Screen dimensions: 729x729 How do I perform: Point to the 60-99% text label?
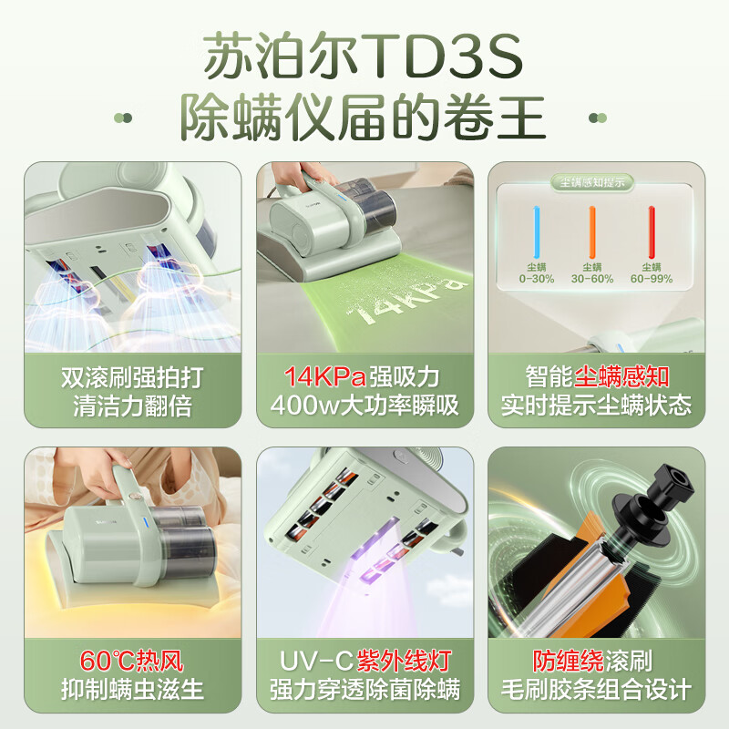652,279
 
